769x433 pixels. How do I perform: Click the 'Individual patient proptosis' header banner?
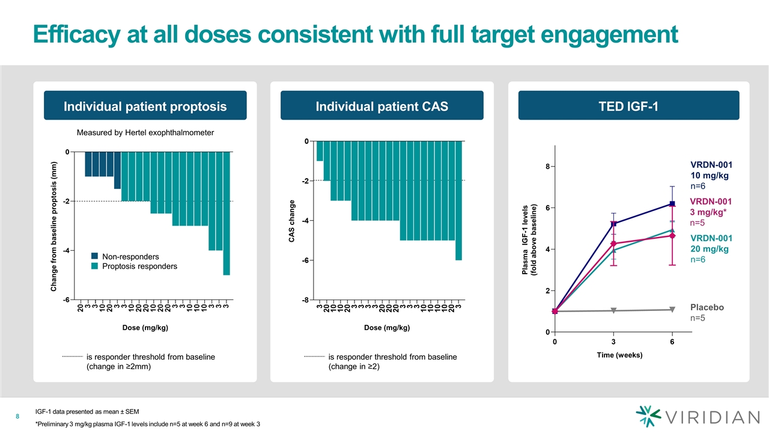[145, 106]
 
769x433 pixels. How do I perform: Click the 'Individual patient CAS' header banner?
[383, 106]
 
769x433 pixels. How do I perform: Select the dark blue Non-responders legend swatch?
[95, 256]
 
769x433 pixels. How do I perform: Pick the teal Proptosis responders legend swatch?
[95, 266]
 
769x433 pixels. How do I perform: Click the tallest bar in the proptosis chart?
[226, 213]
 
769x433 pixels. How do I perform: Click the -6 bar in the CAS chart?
[458, 200]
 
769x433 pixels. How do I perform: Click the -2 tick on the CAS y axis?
[307, 181]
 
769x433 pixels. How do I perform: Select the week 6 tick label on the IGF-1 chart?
[672, 342]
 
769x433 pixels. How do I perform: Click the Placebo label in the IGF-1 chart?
[707, 307]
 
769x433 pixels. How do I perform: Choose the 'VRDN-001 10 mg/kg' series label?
[711, 170]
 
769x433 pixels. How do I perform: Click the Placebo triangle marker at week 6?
[672, 310]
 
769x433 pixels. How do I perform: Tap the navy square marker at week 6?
[672, 204]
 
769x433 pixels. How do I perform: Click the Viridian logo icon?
[648, 416]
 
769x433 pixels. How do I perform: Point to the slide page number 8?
[18, 416]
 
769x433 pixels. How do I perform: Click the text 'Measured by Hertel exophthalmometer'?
[145, 132]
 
